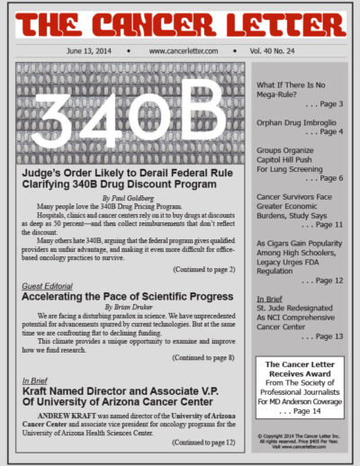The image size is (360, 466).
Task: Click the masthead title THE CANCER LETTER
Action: pos(180,22)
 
